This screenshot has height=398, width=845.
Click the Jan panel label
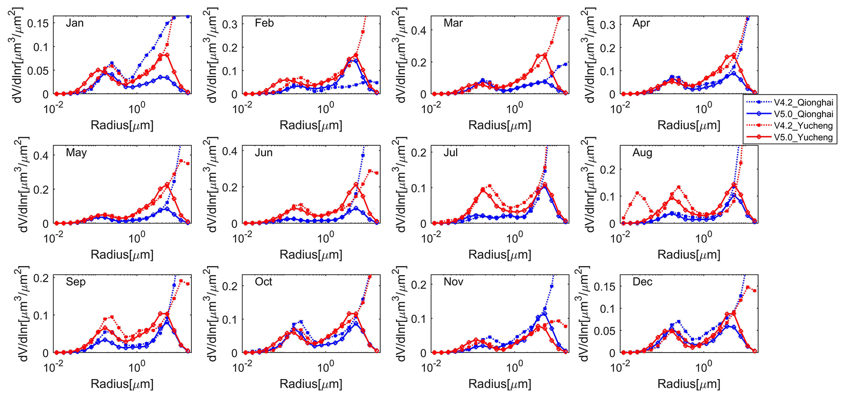tap(75, 23)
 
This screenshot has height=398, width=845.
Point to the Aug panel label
tap(642, 153)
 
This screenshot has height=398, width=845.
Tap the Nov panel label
tap(453, 282)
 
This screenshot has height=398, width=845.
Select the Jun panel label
tap(264, 153)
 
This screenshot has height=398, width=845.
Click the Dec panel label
tap(642, 282)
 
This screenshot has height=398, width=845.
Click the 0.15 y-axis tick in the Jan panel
tap(38, 23)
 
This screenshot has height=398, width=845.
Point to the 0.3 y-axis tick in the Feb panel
tap(230, 24)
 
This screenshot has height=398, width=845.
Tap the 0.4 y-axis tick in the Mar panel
tap(419, 31)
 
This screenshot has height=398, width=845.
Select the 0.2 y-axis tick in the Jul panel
tap(419, 153)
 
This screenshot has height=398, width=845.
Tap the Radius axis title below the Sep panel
tap(122, 384)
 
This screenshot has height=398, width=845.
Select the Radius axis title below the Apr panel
tap(689, 125)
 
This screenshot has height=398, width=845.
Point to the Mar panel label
tap(453, 23)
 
